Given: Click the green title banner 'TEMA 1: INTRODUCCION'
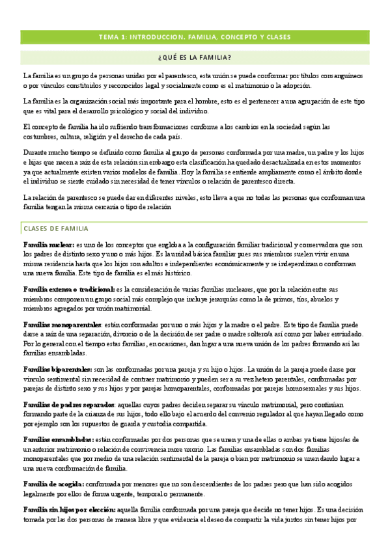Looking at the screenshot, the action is (x=195, y=36).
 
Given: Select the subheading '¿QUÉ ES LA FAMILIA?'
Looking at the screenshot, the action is (x=195, y=57).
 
